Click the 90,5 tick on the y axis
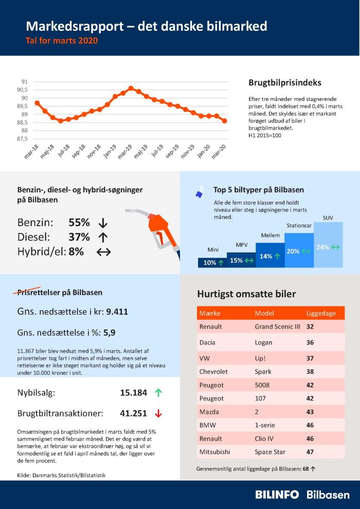point(22,90)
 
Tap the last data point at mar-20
point(225,121)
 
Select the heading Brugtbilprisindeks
point(285,82)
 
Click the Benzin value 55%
point(79,223)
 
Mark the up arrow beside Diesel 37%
point(102,237)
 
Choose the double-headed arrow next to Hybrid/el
point(104,252)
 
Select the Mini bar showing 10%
point(212,262)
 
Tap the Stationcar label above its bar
point(299,225)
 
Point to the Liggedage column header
point(321,313)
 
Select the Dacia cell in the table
point(207,342)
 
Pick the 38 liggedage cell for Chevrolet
point(310,371)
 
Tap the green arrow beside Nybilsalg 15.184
point(158,393)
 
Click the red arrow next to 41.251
point(158,413)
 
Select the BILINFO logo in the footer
point(277,495)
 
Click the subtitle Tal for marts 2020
point(62,40)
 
